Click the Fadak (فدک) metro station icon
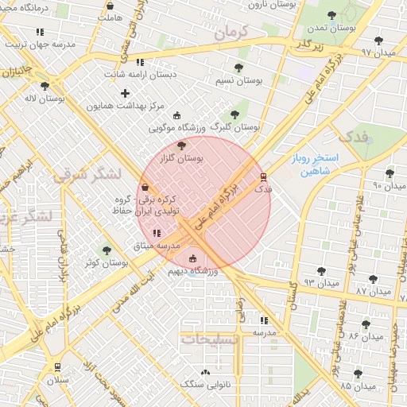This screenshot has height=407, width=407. pos(263,177)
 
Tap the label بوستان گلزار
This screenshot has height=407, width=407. pos(181,159)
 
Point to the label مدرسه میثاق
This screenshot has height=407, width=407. pos(157,246)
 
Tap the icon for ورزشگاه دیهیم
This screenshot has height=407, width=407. pos(193,258)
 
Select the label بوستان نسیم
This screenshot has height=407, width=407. pos(239,80)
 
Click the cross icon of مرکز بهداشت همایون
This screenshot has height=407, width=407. pos(125,94)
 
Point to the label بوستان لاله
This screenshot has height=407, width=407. pos(44,99)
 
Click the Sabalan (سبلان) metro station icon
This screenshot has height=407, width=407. pos(56,366)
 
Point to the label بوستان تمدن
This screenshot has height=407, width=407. pos(331,28)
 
